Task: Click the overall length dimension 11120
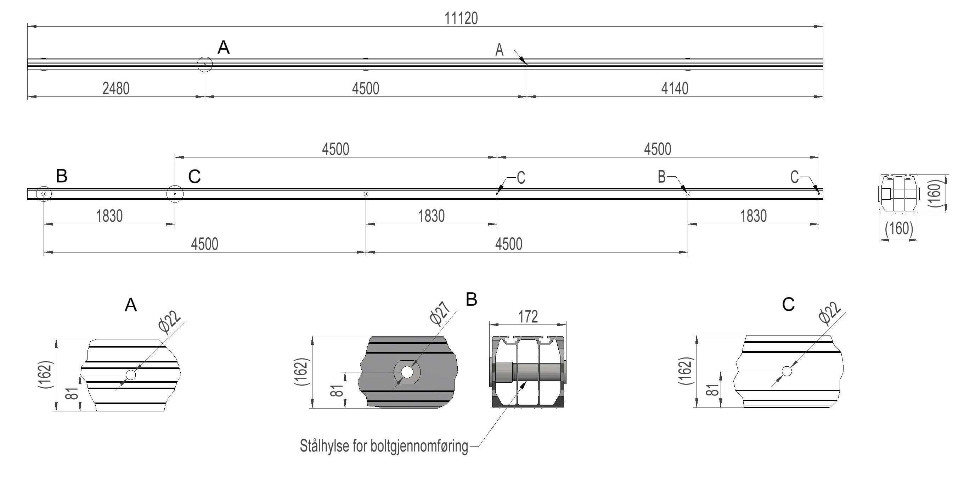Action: [461, 18]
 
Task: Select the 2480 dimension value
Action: [116, 89]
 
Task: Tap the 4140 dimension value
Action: [675, 89]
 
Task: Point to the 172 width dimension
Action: [528, 317]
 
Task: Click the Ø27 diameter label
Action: [440, 314]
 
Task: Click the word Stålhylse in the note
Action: [324, 446]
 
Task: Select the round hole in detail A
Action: [131, 375]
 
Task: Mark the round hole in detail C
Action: [787, 371]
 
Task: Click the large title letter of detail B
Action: [471, 299]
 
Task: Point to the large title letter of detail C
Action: [788, 304]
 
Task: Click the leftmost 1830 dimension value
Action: [109, 216]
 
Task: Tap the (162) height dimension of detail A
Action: [46, 375]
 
